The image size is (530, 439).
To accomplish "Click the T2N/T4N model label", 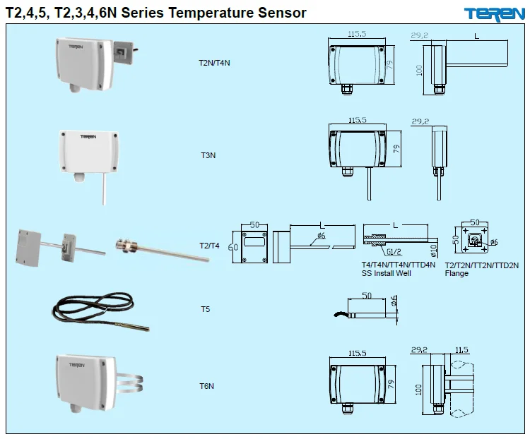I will (214, 63).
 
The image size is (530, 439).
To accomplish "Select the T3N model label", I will (208, 153).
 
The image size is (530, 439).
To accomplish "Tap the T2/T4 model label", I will (211, 246).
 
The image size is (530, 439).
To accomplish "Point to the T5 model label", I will (206, 309).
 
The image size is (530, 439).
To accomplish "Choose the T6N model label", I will (206, 386).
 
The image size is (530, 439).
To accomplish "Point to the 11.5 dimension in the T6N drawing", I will (462, 349).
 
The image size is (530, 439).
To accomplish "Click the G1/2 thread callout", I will (393, 251).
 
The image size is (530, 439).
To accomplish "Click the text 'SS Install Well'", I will (386, 273).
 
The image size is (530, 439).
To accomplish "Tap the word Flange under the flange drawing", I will (457, 273).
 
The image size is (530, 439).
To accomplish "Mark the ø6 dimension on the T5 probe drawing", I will (394, 302).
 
